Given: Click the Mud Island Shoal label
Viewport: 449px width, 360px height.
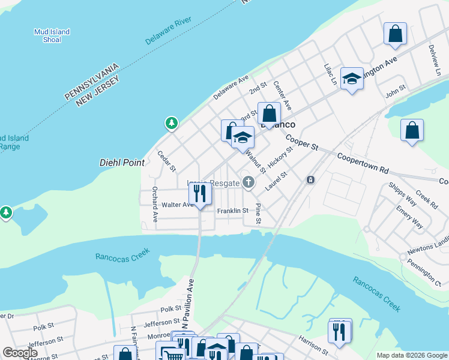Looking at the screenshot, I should click(x=52, y=36).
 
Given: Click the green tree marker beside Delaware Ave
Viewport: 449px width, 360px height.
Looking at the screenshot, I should click(x=172, y=123).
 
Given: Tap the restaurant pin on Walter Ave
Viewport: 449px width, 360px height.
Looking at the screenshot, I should click(x=200, y=193).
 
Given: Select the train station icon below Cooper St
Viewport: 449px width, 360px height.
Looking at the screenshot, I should click(x=310, y=179).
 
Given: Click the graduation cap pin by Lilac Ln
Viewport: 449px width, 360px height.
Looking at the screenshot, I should click(x=352, y=78).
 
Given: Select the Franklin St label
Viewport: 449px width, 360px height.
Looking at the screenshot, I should click(x=232, y=211).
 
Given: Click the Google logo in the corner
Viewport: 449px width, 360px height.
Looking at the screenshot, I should click(x=20, y=353).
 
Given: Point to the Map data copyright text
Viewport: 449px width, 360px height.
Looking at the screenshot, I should click(x=411, y=355).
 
